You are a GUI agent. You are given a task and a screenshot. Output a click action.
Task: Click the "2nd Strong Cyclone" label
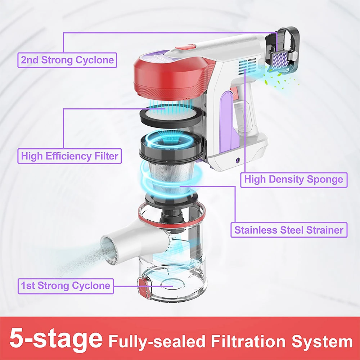[x=67, y=60]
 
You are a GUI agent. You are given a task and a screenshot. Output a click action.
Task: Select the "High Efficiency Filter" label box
[x=69, y=156]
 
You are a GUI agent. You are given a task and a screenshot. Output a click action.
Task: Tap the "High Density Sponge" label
[x=294, y=180]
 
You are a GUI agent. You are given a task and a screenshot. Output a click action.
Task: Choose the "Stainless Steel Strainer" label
[x=289, y=230]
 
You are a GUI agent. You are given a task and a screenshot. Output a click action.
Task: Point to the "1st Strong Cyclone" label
[x=66, y=286]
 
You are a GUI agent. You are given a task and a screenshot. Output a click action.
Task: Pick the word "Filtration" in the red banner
[x=248, y=341]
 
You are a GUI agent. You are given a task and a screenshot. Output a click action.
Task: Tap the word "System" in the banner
[x=322, y=342]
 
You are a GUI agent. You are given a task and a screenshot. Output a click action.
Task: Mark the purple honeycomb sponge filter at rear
[x=280, y=59]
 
